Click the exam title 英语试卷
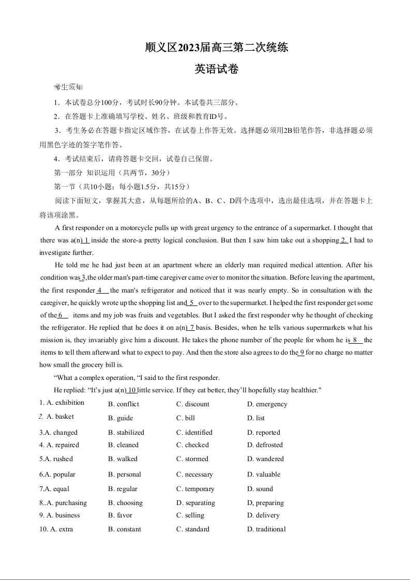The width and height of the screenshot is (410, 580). pyautogui.click(x=216, y=69)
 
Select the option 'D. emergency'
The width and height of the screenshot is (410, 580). pyautogui.click(x=267, y=404)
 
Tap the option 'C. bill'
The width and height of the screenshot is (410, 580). pyautogui.click(x=186, y=418)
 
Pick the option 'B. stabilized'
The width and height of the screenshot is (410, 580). pyautogui.click(x=126, y=433)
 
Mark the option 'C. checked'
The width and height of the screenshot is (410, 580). pyautogui.click(x=192, y=445)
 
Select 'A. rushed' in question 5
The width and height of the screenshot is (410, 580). pyautogui.click(x=56, y=459)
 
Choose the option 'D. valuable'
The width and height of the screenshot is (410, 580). pyautogui.click(x=264, y=475)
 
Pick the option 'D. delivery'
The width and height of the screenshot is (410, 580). pyautogui.click(x=263, y=515)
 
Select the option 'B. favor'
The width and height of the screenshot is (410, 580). pyautogui.click(x=120, y=515)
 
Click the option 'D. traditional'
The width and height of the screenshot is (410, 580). pyautogui.click(x=266, y=529)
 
